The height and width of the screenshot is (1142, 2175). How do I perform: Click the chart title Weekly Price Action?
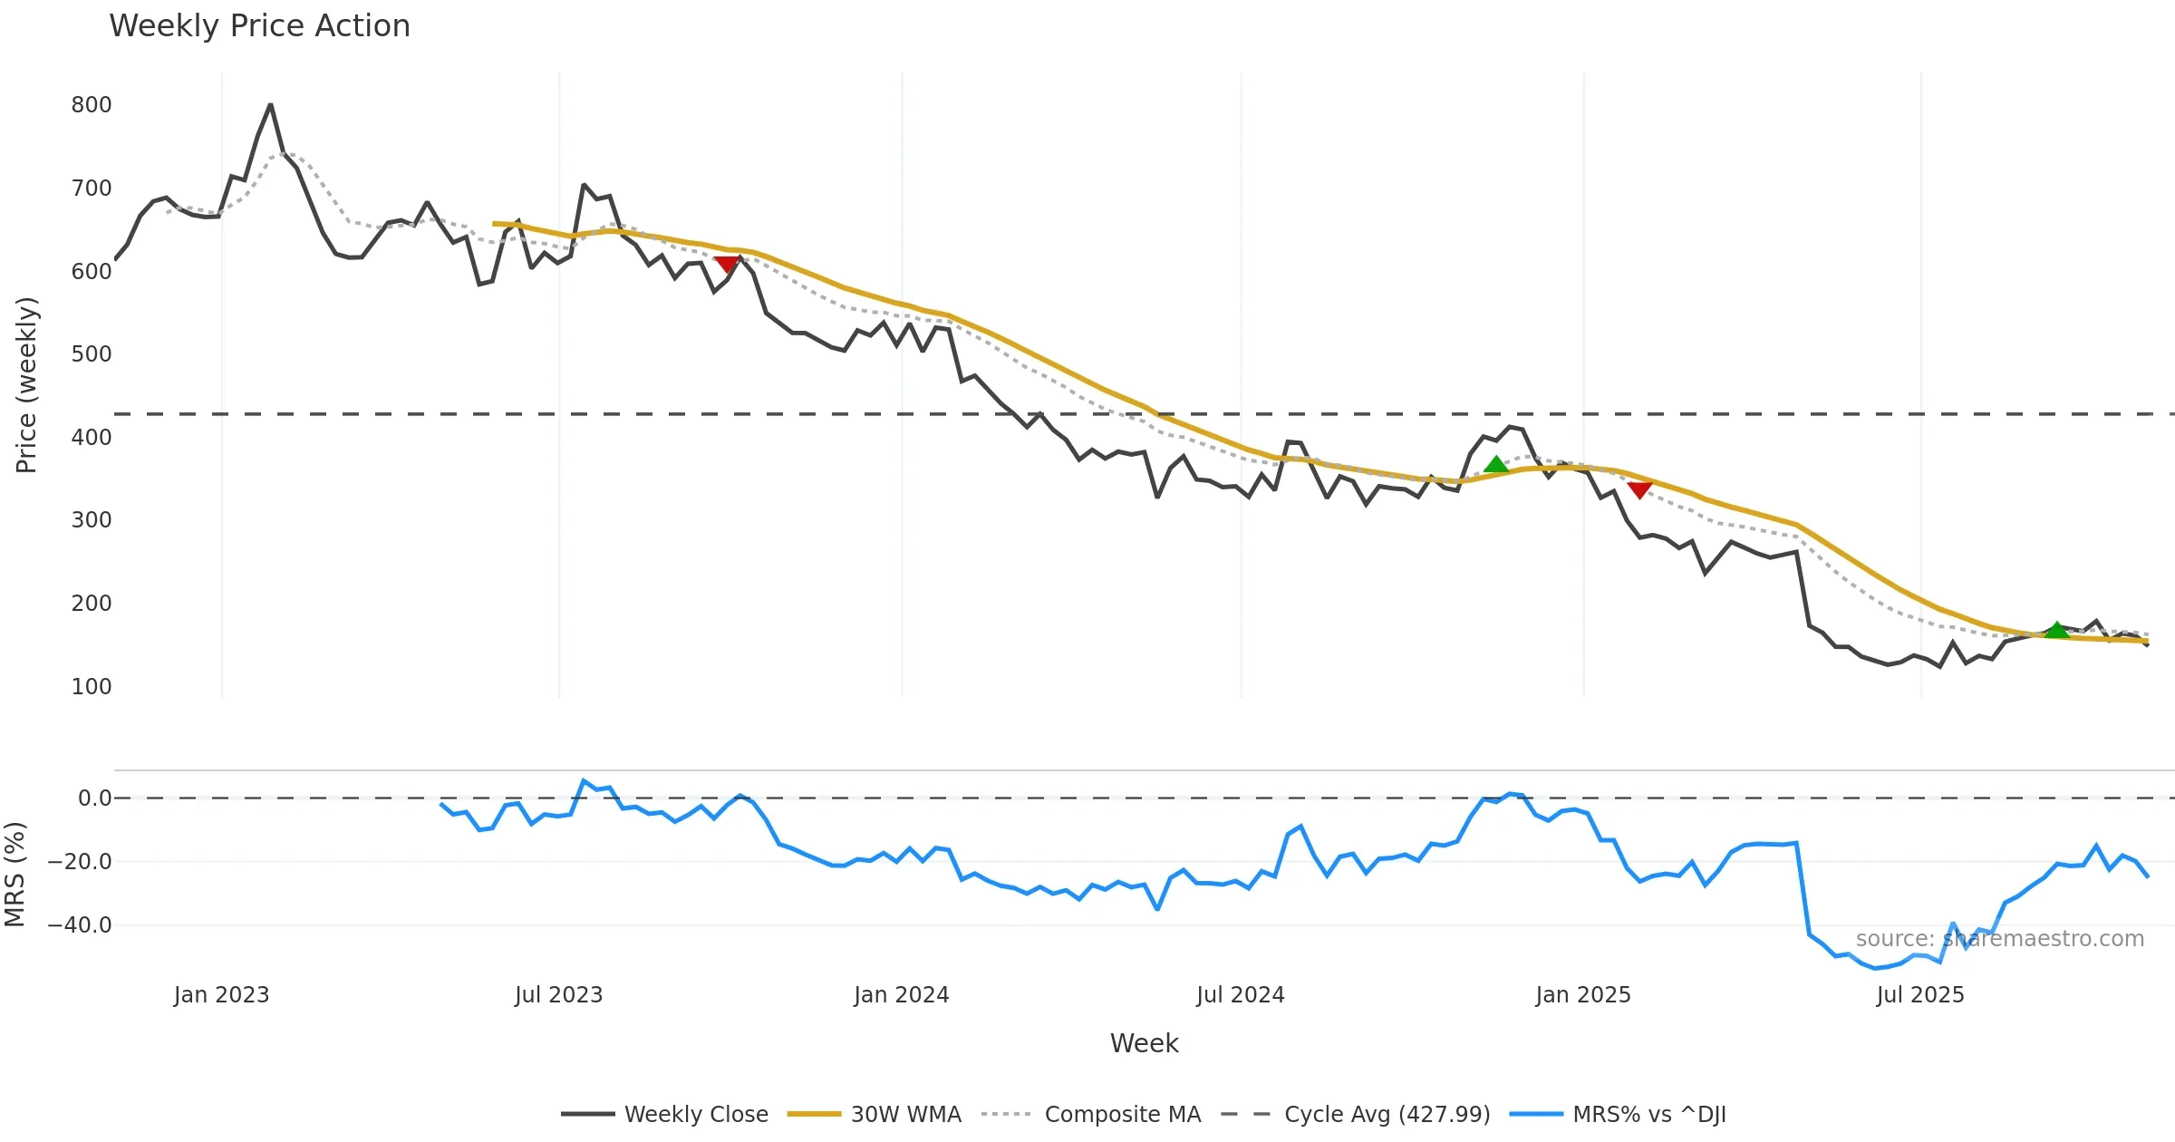pyautogui.click(x=259, y=26)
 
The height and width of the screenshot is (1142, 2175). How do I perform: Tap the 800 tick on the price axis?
pyautogui.click(x=92, y=105)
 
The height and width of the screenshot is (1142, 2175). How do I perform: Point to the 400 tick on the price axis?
pyautogui.click(x=92, y=438)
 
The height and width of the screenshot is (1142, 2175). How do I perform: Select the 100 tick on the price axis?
pyautogui.click(x=92, y=687)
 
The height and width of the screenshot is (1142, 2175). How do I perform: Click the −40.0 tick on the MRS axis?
pyautogui.click(x=80, y=925)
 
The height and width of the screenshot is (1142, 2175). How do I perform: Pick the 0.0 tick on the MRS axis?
pyautogui.click(x=94, y=798)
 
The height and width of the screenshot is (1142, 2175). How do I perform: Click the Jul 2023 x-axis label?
pyautogui.click(x=558, y=995)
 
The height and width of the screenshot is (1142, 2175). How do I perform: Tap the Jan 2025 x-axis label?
pyautogui.click(x=1582, y=995)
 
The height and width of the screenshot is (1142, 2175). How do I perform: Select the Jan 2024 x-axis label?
pyautogui.click(x=901, y=995)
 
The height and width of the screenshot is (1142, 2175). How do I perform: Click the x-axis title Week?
pyautogui.click(x=1144, y=1044)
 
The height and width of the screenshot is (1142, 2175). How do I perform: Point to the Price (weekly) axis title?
pyautogui.click(x=26, y=385)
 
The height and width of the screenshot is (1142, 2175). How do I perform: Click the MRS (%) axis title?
pyautogui.click(x=14, y=875)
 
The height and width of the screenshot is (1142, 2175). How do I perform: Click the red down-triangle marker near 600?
pyautogui.click(x=727, y=264)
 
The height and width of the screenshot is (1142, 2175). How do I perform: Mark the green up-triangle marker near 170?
pyautogui.click(x=2057, y=630)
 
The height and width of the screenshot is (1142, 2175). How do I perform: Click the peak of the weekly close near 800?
pyautogui.click(x=270, y=105)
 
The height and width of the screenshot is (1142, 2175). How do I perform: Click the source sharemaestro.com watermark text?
pyautogui.click(x=1999, y=939)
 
